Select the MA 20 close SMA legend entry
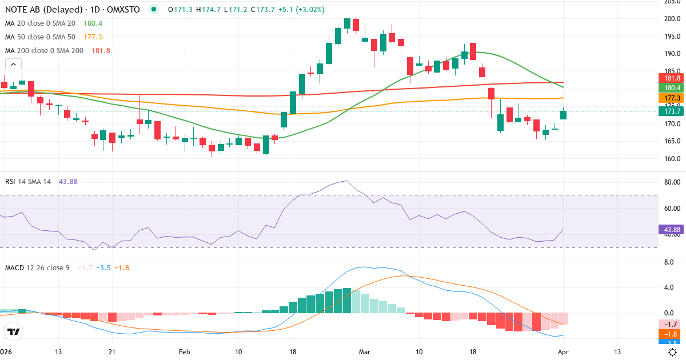tap(40, 23)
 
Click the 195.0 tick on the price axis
tap(672, 36)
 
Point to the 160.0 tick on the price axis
tap(672, 159)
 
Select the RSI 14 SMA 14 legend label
tap(28, 181)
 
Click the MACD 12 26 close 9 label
tap(37, 267)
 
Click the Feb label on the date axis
tap(184, 352)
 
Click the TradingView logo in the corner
tap(13, 331)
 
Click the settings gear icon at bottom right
tap(673, 352)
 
